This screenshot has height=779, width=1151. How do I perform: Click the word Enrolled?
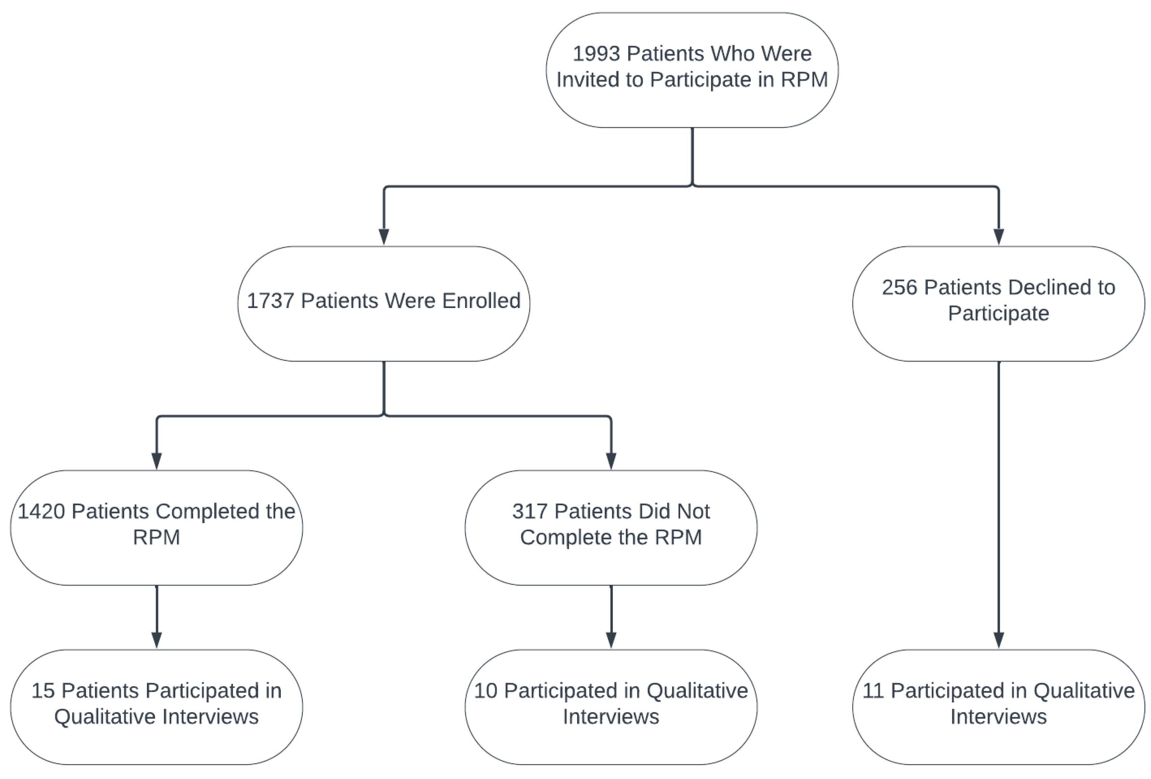tap(481, 301)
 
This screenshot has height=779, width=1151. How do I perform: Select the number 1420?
tap(42, 511)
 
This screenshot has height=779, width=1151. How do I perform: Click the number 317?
tap(530, 511)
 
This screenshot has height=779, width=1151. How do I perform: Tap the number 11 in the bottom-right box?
tap(873, 691)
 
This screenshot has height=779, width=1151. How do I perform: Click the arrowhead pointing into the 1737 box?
tap(384, 236)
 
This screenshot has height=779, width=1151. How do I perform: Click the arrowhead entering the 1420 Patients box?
tap(157, 460)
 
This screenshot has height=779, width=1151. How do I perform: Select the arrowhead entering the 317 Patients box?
tap(611, 460)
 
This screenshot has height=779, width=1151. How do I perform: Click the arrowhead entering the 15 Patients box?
tap(157, 640)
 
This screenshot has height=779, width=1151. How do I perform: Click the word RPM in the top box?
tap(804, 80)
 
